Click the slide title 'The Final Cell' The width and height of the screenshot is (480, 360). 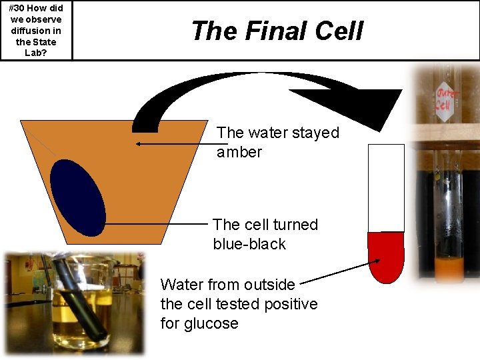tap(277, 31)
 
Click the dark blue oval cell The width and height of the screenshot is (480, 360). tap(78, 197)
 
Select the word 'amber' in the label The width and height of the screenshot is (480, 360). tap(239, 152)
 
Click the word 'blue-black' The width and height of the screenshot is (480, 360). tap(249, 244)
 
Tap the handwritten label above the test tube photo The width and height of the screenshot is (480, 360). tap(443, 97)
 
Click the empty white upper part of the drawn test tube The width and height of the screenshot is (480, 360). tap(386, 187)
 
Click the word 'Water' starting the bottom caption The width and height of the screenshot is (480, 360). tap(182, 285)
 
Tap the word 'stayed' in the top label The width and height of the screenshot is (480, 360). tap(316, 133)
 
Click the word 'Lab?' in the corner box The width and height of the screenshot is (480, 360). tap(36, 53)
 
